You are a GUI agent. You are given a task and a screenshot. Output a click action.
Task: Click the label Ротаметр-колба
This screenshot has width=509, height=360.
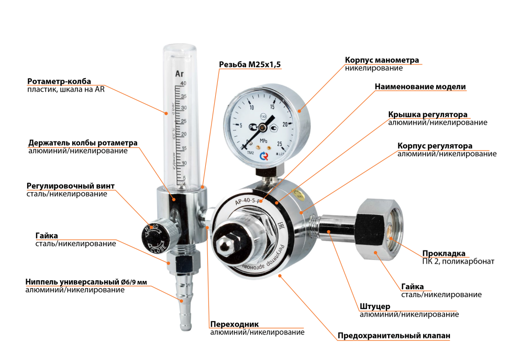click(x=59, y=81)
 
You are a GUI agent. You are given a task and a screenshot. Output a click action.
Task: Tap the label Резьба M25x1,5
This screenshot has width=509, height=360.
click(x=250, y=64)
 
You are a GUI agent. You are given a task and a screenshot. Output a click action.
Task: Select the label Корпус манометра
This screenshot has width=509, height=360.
click(x=382, y=60)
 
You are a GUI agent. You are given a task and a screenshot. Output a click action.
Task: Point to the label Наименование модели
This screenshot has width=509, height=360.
click(x=420, y=86)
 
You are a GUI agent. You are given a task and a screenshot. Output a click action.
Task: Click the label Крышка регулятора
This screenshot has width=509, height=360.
click(x=428, y=114)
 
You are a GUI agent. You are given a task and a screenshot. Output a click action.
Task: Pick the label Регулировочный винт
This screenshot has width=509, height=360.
click(x=70, y=186)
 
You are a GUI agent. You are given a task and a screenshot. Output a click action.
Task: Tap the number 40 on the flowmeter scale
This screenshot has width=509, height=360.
click(x=183, y=84)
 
